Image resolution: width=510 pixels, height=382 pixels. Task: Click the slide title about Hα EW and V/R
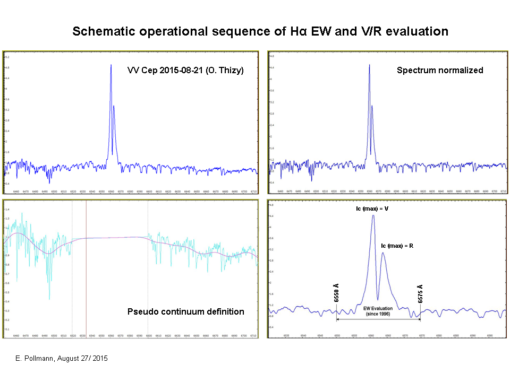[260, 31]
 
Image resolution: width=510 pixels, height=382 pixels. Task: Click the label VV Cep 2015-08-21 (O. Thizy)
[185, 70]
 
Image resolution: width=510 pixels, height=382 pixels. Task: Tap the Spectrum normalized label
[440, 70]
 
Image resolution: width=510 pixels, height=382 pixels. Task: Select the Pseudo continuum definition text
[185, 311]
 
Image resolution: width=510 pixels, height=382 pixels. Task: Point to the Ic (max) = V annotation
[371, 209]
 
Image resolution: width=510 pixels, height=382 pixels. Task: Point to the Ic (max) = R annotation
[398, 246]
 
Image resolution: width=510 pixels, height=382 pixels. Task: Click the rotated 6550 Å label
[337, 293]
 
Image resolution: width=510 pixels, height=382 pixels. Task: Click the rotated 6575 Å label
[420, 293]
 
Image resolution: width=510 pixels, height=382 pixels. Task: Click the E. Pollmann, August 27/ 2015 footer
[61, 359]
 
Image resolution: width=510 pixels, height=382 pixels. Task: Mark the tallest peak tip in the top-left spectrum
[111, 65]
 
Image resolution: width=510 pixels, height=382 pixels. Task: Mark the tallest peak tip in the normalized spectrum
[370, 65]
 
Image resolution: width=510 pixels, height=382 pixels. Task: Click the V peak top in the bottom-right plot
[373, 215]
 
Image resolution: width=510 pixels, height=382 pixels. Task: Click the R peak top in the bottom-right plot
[383, 253]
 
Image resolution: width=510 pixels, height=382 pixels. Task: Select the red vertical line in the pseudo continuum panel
[86, 265]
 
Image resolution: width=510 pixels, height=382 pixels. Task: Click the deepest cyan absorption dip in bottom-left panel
[49, 299]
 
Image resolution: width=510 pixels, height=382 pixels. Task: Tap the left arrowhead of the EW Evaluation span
[338, 318]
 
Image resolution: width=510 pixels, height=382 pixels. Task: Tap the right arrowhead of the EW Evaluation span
[419, 318]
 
